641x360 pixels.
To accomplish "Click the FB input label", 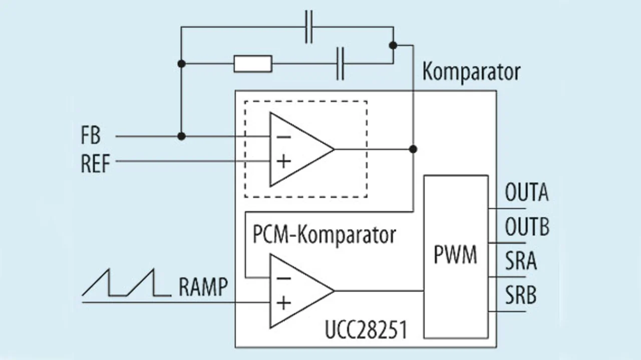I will [x=91, y=136].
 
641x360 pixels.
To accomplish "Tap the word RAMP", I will [x=203, y=287].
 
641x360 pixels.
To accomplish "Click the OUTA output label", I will [x=526, y=193].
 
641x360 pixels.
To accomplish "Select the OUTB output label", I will [x=527, y=227].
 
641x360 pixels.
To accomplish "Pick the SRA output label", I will [x=521, y=261].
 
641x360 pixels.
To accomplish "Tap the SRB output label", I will [x=521, y=295].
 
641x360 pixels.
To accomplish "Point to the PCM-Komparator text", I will [x=324, y=235].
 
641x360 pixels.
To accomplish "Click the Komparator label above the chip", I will [x=471, y=72].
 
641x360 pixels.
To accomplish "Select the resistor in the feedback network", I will [x=253, y=64].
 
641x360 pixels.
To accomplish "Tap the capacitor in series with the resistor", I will [x=341, y=64].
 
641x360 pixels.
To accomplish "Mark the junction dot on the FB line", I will [x=182, y=136].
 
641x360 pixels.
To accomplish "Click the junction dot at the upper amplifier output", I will [x=413, y=149].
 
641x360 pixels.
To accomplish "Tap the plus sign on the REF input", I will [x=283, y=161].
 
